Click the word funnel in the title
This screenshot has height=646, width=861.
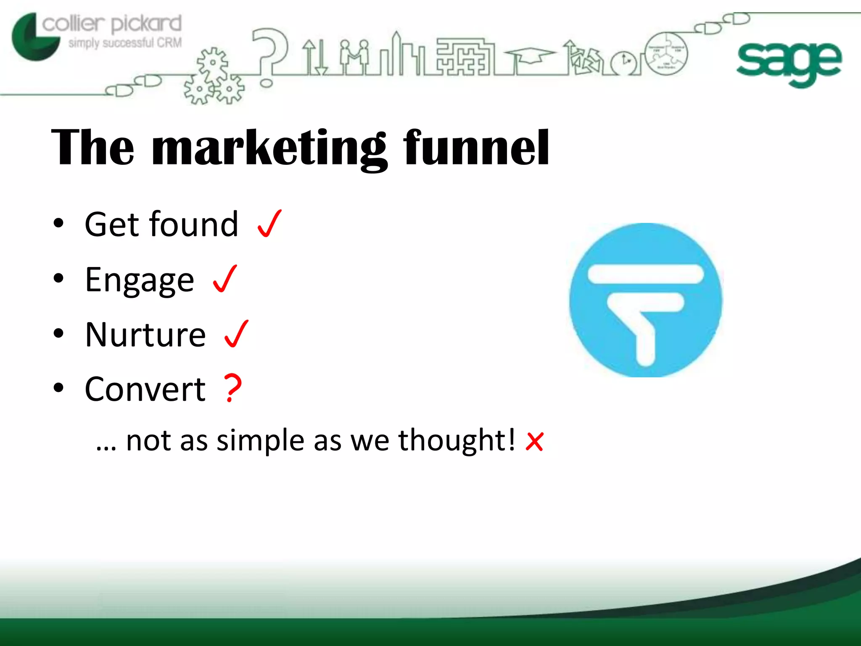pyautogui.click(x=476, y=148)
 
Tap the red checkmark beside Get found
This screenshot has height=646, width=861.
pyautogui.click(x=269, y=224)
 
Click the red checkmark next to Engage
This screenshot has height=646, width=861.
pyautogui.click(x=225, y=278)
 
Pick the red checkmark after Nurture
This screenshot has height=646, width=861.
pyautogui.click(x=236, y=334)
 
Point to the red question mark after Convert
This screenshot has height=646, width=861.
pyautogui.click(x=232, y=388)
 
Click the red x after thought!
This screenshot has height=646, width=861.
pyautogui.click(x=534, y=442)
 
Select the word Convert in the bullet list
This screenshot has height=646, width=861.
pyautogui.click(x=145, y=389)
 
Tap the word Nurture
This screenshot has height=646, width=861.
pyautogui.click(x=145, y=335)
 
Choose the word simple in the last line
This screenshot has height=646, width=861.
pyautogui.click(x=260, y=441)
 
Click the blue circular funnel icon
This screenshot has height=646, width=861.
pyautogui.click(x=646, y=300)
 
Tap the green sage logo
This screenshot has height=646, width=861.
pyautogui.click(x=789, y=63)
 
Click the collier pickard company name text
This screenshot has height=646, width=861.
pyautogui.click(x=112, y=24)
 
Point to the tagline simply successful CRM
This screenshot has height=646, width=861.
pyautogui.click(x=125, y=43)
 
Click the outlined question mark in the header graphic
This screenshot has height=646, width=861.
pyautogui.click(x=269, y=53)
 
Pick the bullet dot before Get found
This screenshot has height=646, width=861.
pyautogui.click(x=58, y=224)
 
